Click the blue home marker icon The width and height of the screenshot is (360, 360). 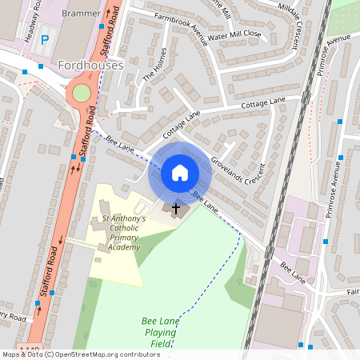point(179,172)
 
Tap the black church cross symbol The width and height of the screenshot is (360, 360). point(176,208)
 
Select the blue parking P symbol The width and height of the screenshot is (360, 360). point(45,39)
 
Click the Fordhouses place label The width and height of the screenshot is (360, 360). point(90,65)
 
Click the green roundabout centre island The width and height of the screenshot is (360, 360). point(82,93)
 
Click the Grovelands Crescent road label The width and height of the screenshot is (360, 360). point(238,170)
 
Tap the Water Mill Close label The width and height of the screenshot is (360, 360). point(234,34)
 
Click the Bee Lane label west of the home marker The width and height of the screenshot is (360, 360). point(119,145)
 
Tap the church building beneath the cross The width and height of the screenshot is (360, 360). point(178,211)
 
